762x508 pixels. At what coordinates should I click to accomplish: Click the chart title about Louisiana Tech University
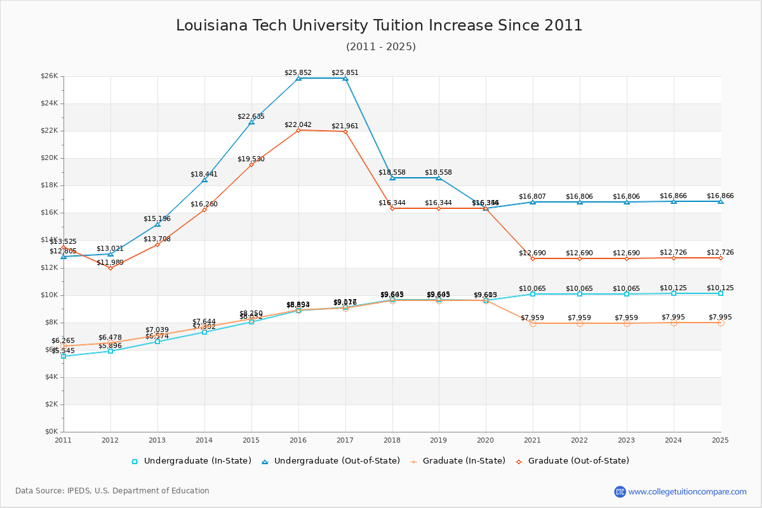point(379,25)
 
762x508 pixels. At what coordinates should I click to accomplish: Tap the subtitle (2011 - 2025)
point(381,46)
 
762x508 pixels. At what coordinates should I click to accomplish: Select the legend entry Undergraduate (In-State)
point(197,461)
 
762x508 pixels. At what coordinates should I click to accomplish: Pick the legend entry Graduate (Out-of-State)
point(578,461)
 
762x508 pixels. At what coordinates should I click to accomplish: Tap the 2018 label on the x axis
point(392,439)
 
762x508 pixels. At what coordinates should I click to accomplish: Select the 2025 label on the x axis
point(721,439)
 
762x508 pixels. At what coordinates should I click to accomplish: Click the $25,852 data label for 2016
point(298,72)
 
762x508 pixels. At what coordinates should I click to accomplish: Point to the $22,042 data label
point(298,125)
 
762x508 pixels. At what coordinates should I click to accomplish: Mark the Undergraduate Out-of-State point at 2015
point(251,122)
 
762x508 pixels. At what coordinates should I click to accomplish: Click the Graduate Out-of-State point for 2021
point(533,258)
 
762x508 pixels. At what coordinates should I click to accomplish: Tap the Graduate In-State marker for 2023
point(627,323)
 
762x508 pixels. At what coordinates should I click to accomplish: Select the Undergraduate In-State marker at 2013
point(157,342)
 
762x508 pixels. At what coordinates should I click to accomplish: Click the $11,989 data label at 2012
point(110,262)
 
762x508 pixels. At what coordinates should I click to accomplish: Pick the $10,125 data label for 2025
point(720,288)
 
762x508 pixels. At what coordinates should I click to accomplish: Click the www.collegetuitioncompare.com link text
point(688,491)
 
